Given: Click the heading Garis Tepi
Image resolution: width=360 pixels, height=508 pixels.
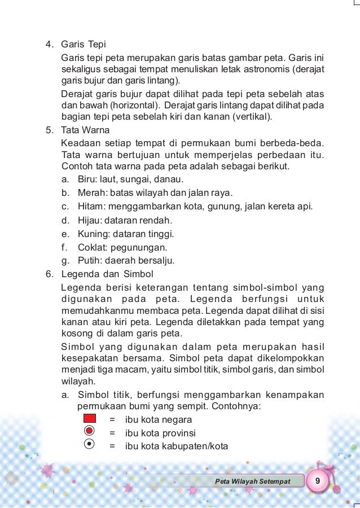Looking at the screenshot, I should tap(84, 44).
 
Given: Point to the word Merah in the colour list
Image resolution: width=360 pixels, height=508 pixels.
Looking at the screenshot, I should tap(90, 193).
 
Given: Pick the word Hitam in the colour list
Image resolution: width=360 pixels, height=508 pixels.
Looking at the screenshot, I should tap(89, 207).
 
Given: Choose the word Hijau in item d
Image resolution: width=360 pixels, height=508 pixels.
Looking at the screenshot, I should tap(89, 220).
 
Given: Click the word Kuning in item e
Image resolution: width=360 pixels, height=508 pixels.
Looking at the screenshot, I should tap(91, 234).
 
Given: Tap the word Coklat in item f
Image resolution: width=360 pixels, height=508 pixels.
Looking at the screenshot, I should tap(90, 247).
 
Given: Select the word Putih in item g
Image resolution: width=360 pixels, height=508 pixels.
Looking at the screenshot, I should tap(88, 261).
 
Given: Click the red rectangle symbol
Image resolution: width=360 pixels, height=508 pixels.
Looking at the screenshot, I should tap(89, 419).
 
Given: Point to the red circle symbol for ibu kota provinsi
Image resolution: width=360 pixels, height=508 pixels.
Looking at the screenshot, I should tap(89, 432).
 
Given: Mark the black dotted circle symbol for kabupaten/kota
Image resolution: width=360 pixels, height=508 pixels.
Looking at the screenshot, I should tap(89, 445).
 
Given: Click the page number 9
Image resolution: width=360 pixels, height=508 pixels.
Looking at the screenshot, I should tap(319, 480).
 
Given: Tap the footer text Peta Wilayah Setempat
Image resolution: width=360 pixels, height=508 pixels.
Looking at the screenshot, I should tap(253, 481).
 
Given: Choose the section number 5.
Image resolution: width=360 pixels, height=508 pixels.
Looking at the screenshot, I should tap(49, 130).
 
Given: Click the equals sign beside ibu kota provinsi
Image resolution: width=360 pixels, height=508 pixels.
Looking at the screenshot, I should tap(112, 433).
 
